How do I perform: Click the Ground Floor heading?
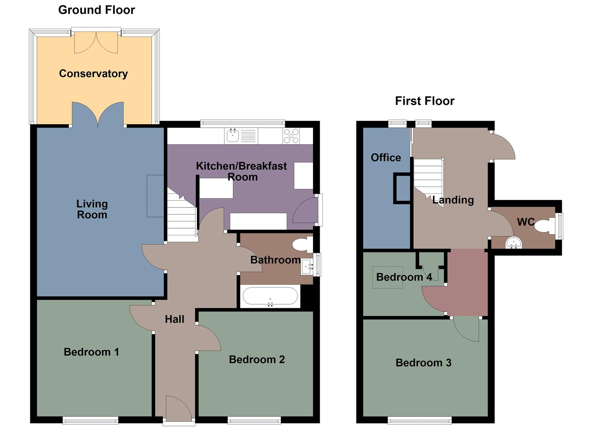tap(96, 10)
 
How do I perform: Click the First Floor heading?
tap(424, 101)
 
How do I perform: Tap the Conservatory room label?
tap(93, 74)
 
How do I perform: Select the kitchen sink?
tap(233, 136)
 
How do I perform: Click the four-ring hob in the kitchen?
tap(291, 136)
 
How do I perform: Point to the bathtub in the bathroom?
tap(270, 297)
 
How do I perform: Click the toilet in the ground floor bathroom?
tap(303, 244)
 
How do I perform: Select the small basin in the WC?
tap(513, 242)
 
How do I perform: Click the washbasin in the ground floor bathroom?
tap(307, 266)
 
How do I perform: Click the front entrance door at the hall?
tap(179, 408)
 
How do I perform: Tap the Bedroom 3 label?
tap(423, 363)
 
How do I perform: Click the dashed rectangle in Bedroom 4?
tap(387, 278)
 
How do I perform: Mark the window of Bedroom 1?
tap(90, 420)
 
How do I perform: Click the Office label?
tap(385, 158)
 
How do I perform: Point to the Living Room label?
tap(92, 209)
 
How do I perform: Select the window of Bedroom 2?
tap(254, 420)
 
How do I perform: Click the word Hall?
tap(175, 319)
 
